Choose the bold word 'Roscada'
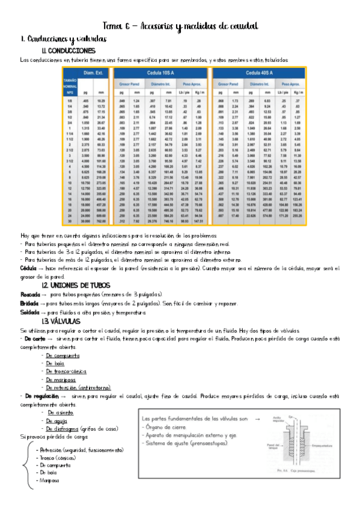click(29, 294)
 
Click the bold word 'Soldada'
click(29, 313)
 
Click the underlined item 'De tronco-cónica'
click(71, 372)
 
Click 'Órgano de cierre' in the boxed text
click(186, 428)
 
